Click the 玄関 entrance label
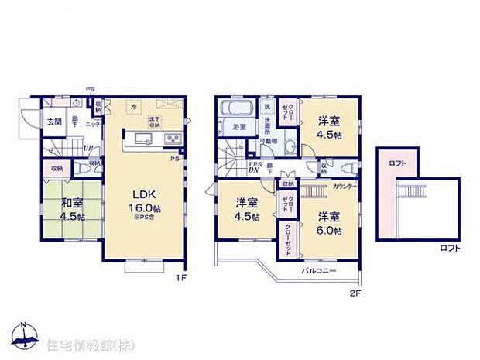[53, 122]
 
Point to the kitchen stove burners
[173, 139]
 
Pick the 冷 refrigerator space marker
[133, 105]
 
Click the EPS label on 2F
[253, 163]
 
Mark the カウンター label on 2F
[345, 187]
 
